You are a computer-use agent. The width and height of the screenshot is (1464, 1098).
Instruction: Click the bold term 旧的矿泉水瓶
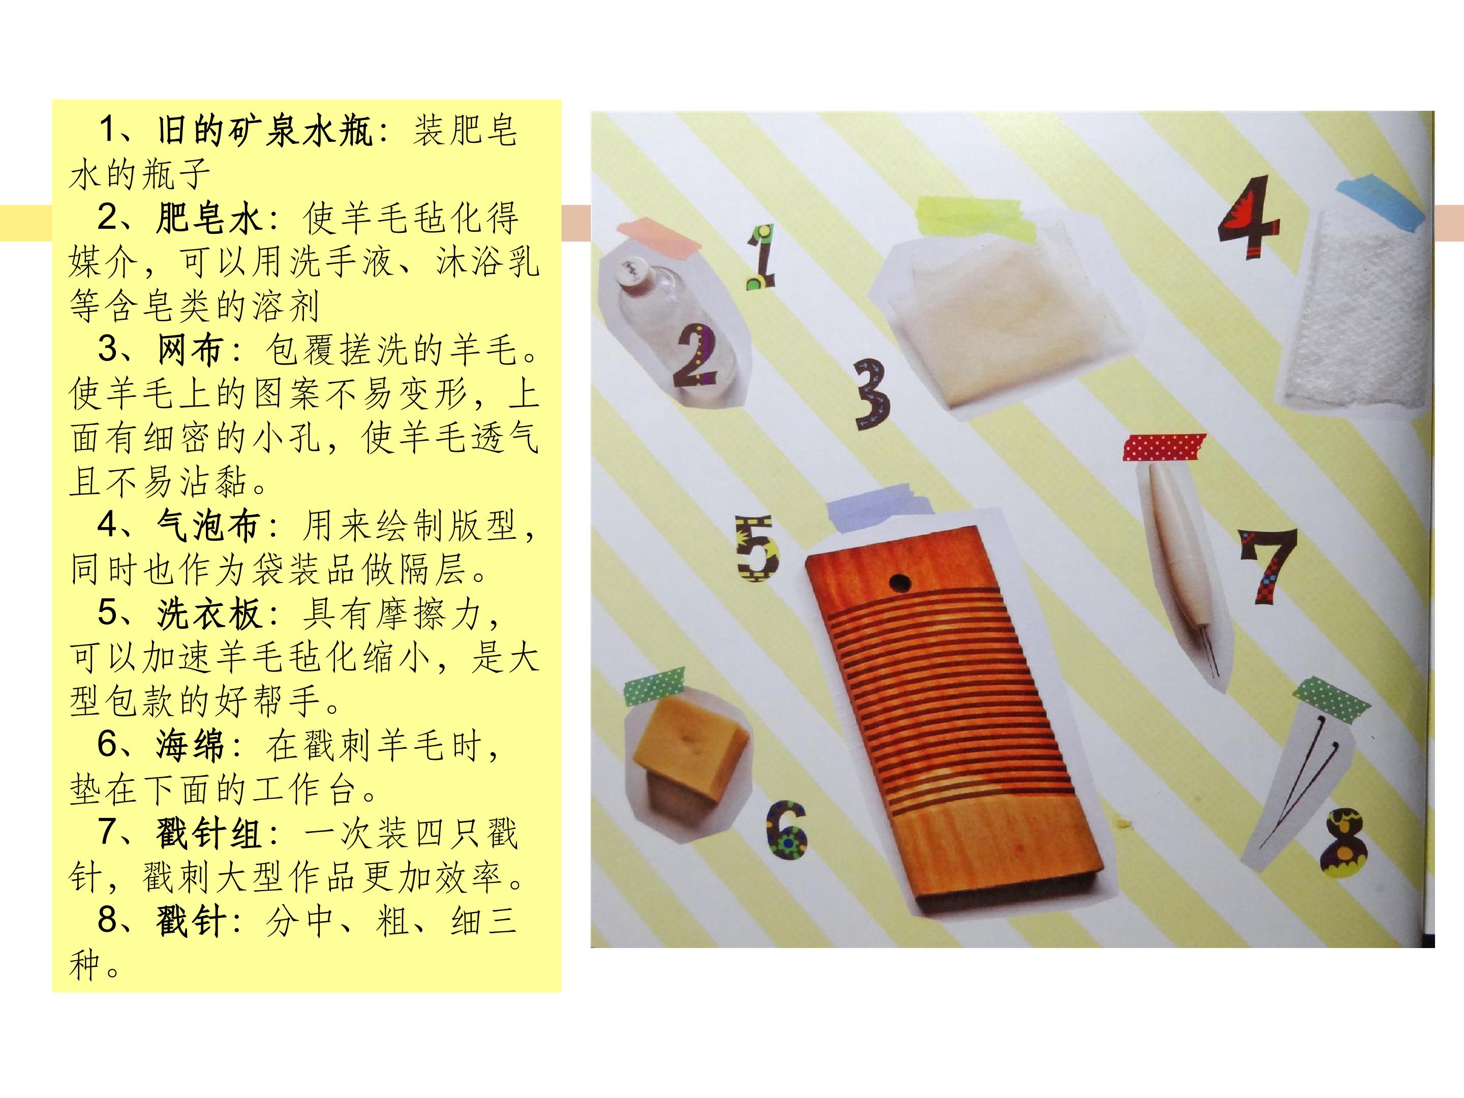[x=265, y=131]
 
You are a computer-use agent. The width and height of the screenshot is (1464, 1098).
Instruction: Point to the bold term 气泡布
[x=209, y=526]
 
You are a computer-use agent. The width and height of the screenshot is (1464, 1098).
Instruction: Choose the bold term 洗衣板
[x=209, y=614]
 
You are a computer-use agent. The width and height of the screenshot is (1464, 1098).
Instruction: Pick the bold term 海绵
[x=191, y=746]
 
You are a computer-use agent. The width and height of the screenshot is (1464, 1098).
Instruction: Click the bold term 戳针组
[x=209, y=834]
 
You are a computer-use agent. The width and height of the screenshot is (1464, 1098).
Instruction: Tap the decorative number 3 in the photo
[x=872, y=394]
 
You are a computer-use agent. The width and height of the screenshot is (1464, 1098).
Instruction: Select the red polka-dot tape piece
[x=1165, y=447]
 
